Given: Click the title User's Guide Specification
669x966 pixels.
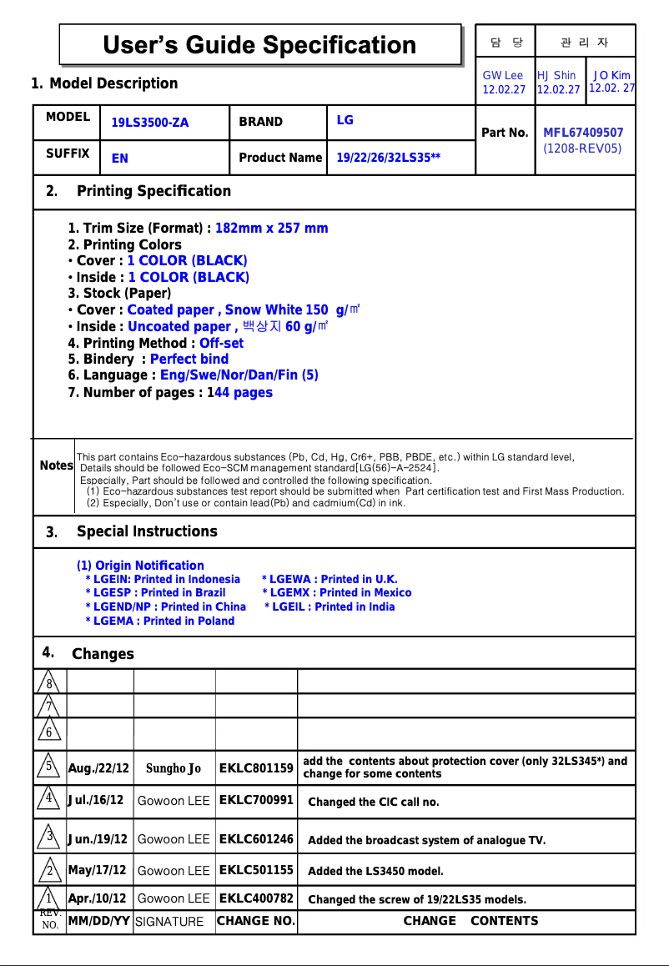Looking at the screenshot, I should coord(259,45).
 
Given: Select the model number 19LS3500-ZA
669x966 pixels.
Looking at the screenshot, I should coord(150,123).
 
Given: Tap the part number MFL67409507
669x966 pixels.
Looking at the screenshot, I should coord(583,133).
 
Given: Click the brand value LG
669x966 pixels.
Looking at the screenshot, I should coord(345,120).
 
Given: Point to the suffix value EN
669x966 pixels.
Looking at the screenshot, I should coord(120,158).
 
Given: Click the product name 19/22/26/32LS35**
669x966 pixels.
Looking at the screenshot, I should coord(389,158).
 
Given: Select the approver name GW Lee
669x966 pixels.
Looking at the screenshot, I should coord(503,75).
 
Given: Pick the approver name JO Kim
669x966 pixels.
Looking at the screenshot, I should coord(611,75).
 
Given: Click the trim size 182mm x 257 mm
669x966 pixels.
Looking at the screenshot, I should coord(271,229).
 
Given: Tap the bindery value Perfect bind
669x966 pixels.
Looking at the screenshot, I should coord(189,360).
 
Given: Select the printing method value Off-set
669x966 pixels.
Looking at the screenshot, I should coord(222,343).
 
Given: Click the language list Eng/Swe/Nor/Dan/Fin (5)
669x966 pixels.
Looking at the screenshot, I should coord(239,375).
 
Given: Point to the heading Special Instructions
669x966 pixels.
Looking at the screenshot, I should coord(147,531).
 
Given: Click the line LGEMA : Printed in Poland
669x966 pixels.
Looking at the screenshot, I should coord(163,621).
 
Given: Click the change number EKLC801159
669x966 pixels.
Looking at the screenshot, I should coord(256,768).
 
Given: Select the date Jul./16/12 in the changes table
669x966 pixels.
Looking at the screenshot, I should coord(96,801).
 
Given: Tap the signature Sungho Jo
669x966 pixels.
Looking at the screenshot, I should coord(174,768).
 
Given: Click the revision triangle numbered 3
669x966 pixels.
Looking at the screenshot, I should coord(50,836).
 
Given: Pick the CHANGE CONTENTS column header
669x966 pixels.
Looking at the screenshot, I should coord(470,921).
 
